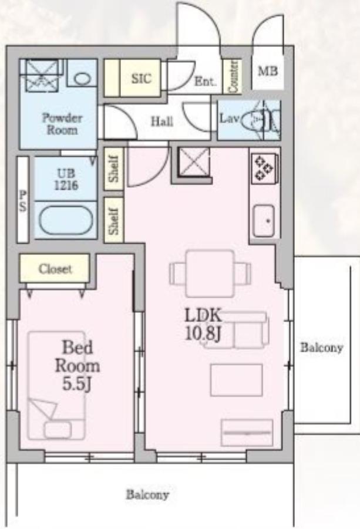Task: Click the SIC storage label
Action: click(141, 78)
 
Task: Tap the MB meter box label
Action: click(268, 71)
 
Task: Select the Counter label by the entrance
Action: click(234, 76)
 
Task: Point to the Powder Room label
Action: click(62, 124)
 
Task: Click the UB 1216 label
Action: click(66, 179)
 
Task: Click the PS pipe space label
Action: click(22, 201)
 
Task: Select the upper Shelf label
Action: click(114, 169)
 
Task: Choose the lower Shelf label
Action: click(114, 220)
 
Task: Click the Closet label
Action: click(55, 269)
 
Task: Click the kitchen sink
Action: click(264, 220)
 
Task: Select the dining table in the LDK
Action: click(210, 273)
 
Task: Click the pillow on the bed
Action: click(58, 430)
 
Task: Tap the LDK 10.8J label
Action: click(203, 325)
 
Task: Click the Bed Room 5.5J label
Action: click(78, 366)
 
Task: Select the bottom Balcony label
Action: click(147, 494)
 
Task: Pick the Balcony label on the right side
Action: click(322, 348)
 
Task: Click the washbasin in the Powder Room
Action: click(82, 78)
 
